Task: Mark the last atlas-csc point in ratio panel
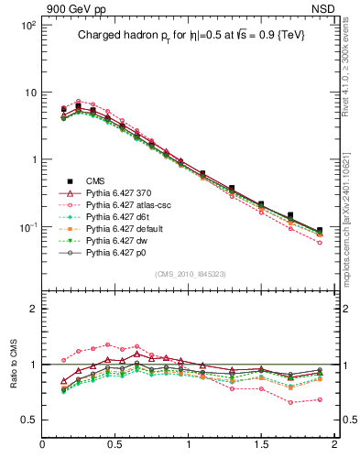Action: [x=320, y=399]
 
